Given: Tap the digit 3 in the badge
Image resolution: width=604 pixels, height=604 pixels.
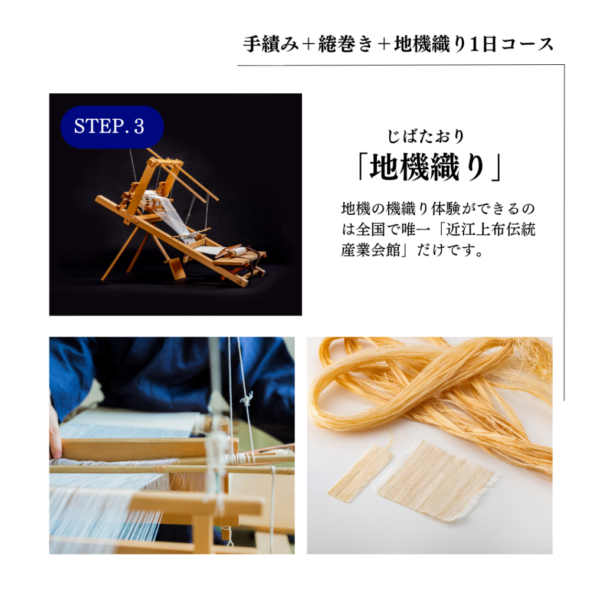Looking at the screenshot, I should tap(139, 127).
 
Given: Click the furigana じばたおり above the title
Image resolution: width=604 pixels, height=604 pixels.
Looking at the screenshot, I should tap(426, 137).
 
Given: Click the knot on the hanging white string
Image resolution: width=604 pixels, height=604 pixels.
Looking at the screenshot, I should tap(247, 399).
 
